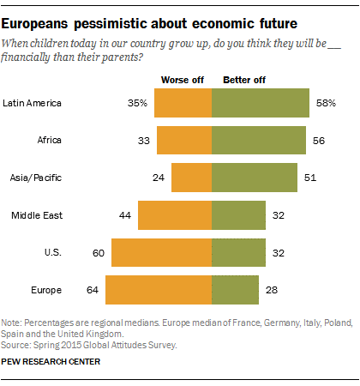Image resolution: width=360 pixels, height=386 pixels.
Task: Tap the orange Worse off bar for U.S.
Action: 161,253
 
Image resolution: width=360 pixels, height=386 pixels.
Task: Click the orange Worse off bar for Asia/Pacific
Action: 191,178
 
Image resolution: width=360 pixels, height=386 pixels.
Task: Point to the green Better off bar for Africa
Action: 259,141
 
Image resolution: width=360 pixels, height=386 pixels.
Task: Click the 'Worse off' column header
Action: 181,80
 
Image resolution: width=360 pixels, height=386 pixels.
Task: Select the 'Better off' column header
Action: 243,80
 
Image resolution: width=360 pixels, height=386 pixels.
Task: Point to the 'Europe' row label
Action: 22,291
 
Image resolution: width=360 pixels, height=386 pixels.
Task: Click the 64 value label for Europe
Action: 93,291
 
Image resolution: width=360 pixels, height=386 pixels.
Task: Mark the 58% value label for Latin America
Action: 325,103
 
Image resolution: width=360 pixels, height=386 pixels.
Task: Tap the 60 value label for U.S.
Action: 99,253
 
